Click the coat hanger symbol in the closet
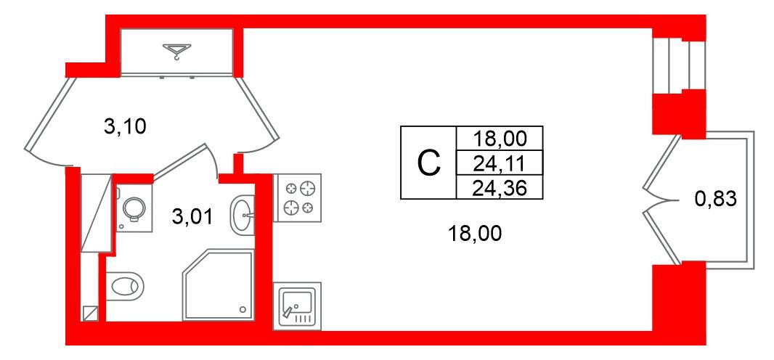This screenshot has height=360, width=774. [176, 51]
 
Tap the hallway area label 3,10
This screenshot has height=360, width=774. [125, 128]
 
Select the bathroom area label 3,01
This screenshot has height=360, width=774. [192, 216]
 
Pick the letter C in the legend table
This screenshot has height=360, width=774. [428, 163]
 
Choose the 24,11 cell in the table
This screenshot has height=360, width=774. [500, 163]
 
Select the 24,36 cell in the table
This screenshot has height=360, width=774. [500, 187]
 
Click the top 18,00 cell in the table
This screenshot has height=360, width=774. [500, 138]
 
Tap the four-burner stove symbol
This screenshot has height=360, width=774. [297, 197]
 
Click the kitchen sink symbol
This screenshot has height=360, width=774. [297, 306]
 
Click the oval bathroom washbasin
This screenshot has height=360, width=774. [243, 213]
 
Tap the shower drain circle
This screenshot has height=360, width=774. [243, 310]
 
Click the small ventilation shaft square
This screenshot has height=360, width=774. [90, 313]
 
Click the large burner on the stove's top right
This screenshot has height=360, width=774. [308, 189]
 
